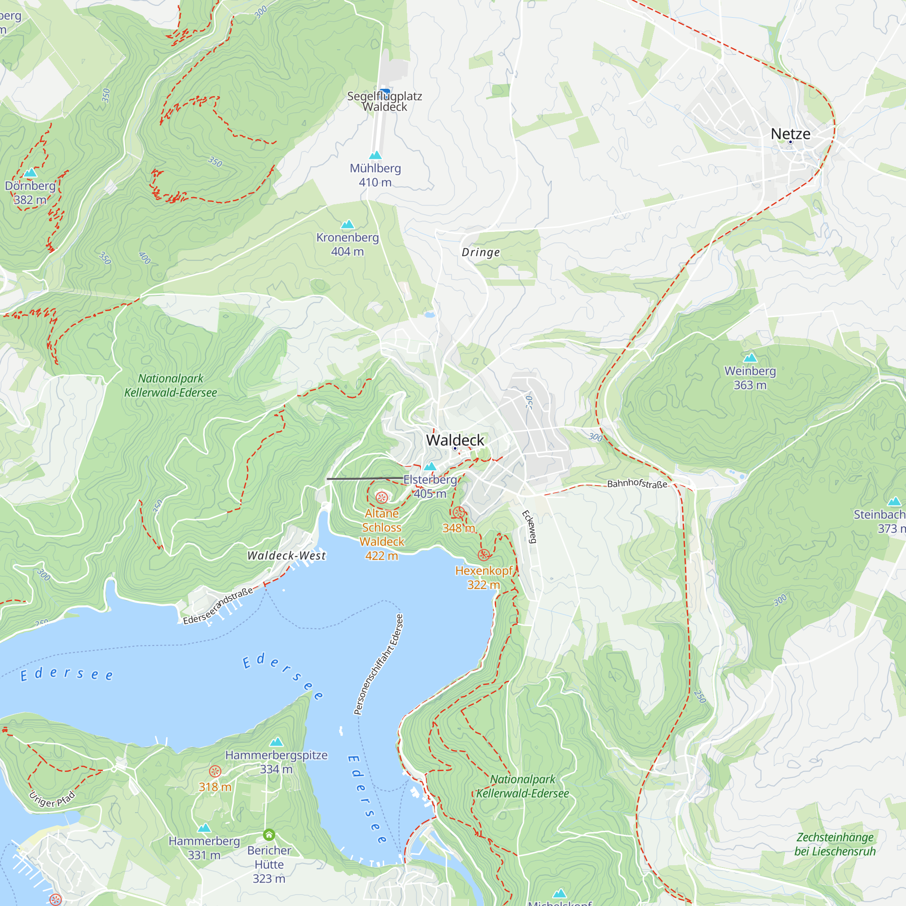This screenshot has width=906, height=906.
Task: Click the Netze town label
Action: (x=790, y=134)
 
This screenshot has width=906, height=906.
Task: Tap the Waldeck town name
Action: (x=455, y=440)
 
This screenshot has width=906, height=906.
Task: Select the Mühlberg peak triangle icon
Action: (x=375, y=155)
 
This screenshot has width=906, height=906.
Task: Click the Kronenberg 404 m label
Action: (x=347, y=244)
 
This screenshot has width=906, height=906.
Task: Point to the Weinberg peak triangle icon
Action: (x=750, y=358)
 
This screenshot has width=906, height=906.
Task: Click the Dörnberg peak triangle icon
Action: (x=30, y=173)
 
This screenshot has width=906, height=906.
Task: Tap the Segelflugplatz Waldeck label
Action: (x=385, y=101)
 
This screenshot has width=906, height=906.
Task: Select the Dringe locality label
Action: (x=481, y=252)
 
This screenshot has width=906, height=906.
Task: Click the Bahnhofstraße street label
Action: (x=637, y=483)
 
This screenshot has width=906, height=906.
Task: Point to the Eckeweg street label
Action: (x=529, y=527)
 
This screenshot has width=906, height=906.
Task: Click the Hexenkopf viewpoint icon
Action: (x=484, y=555)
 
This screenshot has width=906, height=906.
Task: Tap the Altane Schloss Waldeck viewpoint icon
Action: (x=382, y=497)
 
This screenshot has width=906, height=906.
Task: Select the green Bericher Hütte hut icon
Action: (x=269, y=835)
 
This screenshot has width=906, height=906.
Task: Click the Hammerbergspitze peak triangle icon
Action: (x=276, y=742)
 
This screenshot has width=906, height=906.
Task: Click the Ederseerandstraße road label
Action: (x=218, y=605)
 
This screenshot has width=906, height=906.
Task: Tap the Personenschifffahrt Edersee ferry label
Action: (x=378, y=664)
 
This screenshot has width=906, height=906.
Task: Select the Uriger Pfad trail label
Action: (x=52, y=800)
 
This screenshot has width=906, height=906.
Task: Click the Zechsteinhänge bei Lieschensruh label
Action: (x=835, y=844)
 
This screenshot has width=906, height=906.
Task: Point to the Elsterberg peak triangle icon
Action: (x=430, y=466)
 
